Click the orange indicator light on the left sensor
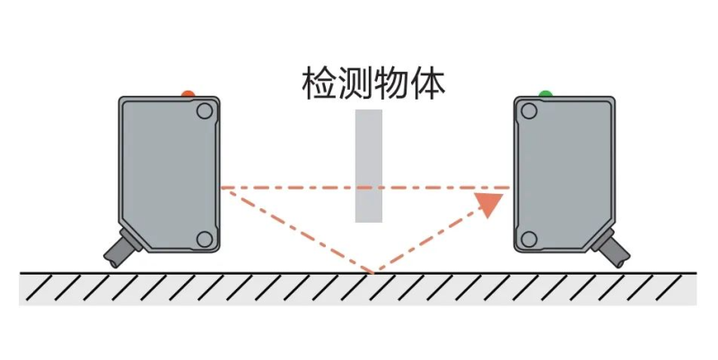click(x=188, y=93)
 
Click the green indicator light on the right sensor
click(x=546, y=93)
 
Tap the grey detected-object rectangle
click(x=369, y=166)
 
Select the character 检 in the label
click(x=320, y=84)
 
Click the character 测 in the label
click(x=355, y=84)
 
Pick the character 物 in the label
click(x=391, y=84)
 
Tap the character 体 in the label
click(x=427, y=84)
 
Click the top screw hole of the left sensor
click(x=205, y=110)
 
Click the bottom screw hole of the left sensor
click(x=205, y=239)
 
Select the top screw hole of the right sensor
click(x=530, y=110)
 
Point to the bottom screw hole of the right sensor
click(x=530, y=239)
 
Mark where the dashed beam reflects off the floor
click(x=373, y=272)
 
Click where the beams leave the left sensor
click(x=222, y=188)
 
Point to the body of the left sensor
click(x=170, y=174)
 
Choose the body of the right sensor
click(x=565, y=174)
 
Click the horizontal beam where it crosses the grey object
click(x=369, y=188)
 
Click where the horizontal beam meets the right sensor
click(x=512, y=188)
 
